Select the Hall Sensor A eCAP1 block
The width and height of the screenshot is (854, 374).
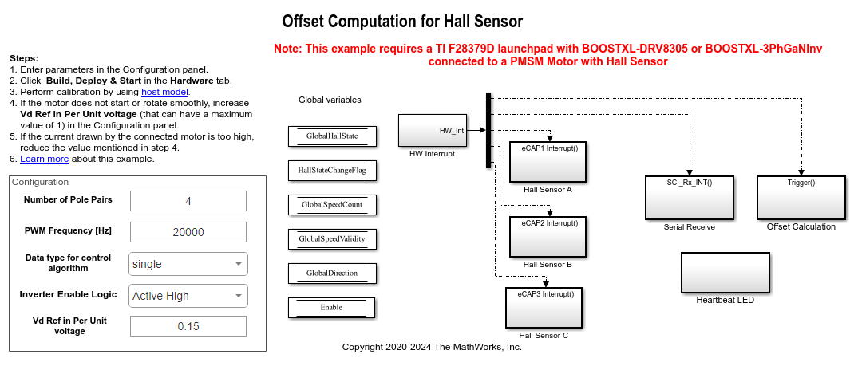pyautogui.click(x=548, y=161)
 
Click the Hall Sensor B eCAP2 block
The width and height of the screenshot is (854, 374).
pyautogui.click(x=548, y=237)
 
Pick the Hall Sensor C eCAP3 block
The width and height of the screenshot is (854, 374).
pyautogui.click(x=545, y=308)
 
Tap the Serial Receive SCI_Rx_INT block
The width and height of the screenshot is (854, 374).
pyautogui.click(x=689, y=197)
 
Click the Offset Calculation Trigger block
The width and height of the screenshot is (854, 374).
pyautogui.click(x=801, y=197)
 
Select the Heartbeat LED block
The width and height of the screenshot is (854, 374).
pyautogui.click(x=725, y=273)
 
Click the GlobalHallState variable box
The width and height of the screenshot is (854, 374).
pyautogui.click(x=331, y=136)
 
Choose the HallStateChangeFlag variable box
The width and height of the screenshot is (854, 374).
pyautogui.click(x=331, y=171)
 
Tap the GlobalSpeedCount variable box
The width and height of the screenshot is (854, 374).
pyautogui.click(x=331, y=205)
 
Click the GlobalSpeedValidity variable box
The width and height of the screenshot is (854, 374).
pyautogui.click(x=331, y=239)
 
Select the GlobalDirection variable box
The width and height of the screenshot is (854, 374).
pyautogui.click(x=331, y=274)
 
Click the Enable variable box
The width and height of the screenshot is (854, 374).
pyautogui.click(x=331, y=307)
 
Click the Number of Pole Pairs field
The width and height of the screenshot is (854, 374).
pyautogui.click(x=188, y=201)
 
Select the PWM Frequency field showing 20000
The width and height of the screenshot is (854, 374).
pyautogui.click(x=188, y=232)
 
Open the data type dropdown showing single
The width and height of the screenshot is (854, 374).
pyautogui.click(x=188, y=264)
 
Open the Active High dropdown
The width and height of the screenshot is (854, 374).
pyautogui.click(x=188, y=296)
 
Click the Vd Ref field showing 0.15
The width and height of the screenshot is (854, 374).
pyautogui.click(x=188, y=326)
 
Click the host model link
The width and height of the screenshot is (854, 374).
pyautogui.click(x=164, y=92)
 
